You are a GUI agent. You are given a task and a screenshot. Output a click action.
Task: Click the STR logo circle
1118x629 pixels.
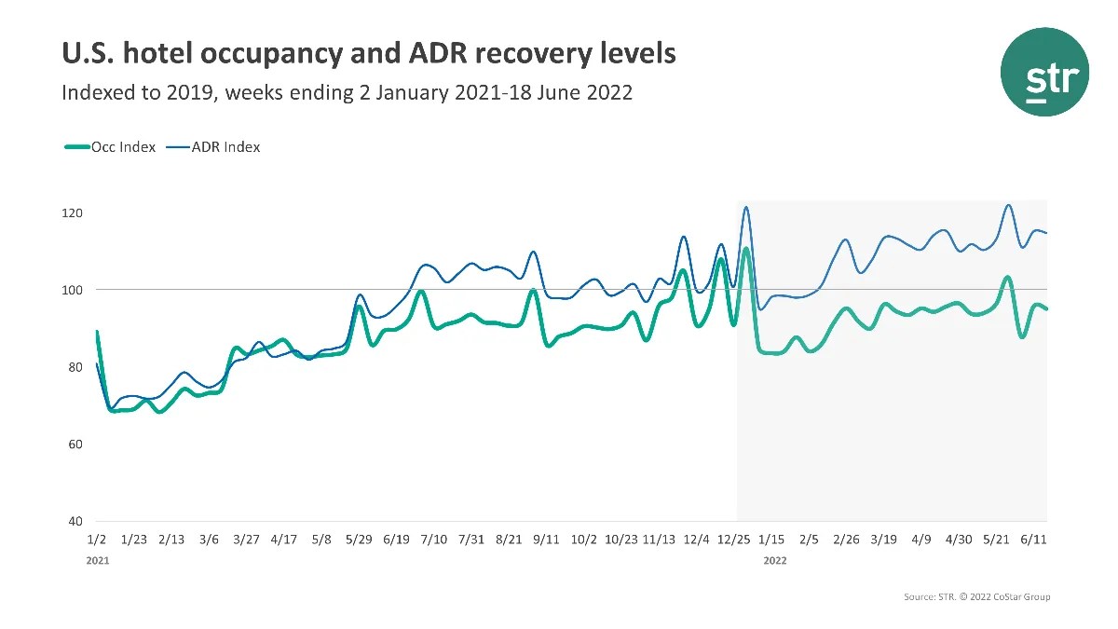point(1044,72)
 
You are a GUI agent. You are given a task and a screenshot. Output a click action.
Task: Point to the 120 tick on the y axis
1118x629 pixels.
point(73,213)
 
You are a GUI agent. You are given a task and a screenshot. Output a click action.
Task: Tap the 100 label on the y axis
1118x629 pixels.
point(73,290)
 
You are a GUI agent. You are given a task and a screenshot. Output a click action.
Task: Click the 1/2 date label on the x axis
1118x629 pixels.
point(96,540)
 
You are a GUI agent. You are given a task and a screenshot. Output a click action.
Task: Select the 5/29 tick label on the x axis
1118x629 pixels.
point(359,540)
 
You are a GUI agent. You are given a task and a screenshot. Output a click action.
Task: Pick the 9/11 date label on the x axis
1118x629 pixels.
point(546,540)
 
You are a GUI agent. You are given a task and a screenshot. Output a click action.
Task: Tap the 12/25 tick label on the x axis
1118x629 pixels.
point(734,540)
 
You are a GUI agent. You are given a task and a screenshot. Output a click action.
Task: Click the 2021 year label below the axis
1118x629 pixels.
point(97,561)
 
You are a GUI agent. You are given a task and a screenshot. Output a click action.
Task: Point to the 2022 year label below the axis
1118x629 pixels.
point(775,561)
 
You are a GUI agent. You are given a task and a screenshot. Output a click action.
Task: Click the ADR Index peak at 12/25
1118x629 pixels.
point(745,207)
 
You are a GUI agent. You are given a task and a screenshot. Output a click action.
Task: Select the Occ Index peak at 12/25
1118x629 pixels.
point(746,249)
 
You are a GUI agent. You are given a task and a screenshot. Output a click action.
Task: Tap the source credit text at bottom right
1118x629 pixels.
point(976,596)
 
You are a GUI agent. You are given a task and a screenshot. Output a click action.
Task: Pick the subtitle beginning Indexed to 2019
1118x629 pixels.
point(347,93)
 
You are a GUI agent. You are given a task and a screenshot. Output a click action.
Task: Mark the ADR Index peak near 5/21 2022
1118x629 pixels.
point(1008,205)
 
